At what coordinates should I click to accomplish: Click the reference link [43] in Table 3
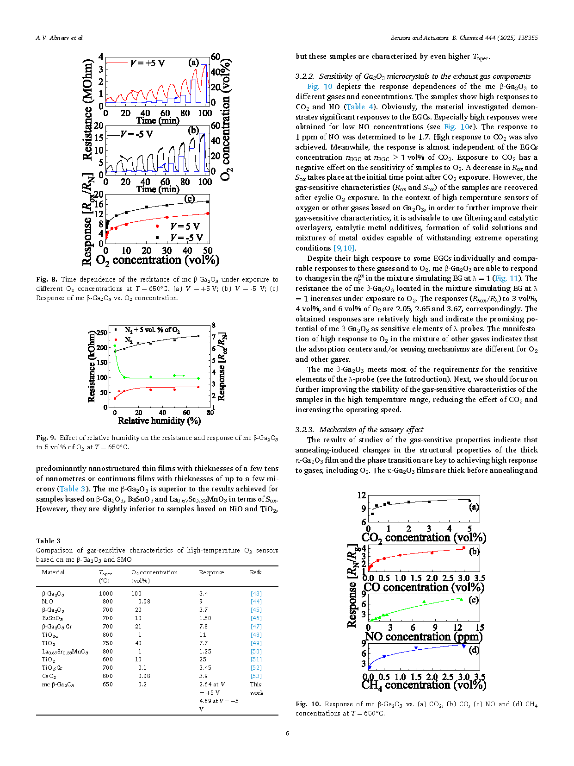click(x=256, y=593)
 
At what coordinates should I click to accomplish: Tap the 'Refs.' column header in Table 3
click(x=256, y=572)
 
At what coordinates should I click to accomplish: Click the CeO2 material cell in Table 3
click(x=49, y=676)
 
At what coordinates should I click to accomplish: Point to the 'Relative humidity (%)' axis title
click(x=159, y=421)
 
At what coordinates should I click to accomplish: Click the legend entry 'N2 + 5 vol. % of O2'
click(x=152, y=330)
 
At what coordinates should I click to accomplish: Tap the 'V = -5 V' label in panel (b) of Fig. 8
click(x=136, y=134)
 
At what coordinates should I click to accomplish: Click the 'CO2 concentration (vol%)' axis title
click(x=423, y=538)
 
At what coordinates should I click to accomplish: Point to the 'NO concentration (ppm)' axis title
click(x=423, y=637)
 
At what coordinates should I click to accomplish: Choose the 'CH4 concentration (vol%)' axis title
click(x=423, y=685)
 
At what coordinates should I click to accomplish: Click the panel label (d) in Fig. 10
click(x=474, y=650)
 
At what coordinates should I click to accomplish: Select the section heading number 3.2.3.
click(x=304, y=430)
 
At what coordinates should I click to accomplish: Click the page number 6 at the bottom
click(x=287, y=734)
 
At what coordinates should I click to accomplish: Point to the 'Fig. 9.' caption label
click(x=46, y=438)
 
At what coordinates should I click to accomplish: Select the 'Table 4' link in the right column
click(x=360, y=107)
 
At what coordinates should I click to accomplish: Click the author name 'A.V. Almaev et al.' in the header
click(x=60, y=38)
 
